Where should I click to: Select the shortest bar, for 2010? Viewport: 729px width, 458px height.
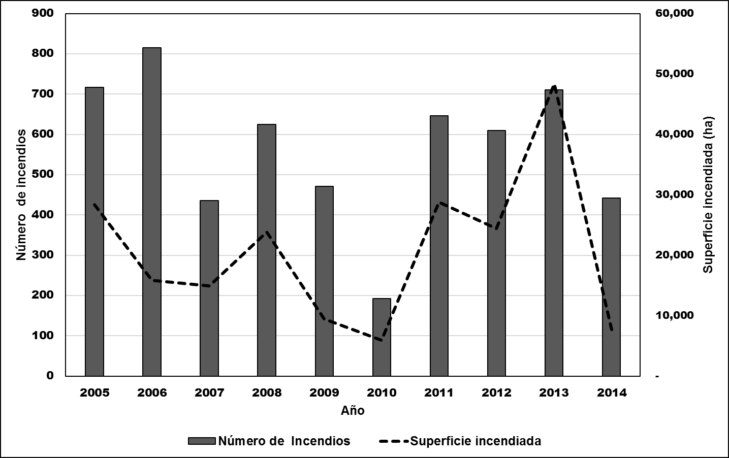point(382,337)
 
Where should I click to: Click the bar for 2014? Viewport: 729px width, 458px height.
point(611,287)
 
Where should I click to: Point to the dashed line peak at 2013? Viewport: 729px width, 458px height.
point(554,86)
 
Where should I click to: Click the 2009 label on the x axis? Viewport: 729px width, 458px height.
point(324,392)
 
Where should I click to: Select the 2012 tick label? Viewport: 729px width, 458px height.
point(496,392)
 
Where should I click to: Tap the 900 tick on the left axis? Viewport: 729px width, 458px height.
point(43,13)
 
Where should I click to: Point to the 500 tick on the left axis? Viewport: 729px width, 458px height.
point(43,175)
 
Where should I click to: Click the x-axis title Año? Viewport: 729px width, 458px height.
point(353,411)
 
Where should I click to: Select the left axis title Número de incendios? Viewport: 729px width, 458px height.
point(21,195)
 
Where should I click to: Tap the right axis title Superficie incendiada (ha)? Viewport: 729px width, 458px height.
point(708,195)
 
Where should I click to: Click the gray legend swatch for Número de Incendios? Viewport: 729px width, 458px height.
point(202,441)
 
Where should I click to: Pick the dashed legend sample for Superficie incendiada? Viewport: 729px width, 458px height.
point(393,441)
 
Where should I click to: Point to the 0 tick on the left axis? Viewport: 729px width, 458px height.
point(50,376)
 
